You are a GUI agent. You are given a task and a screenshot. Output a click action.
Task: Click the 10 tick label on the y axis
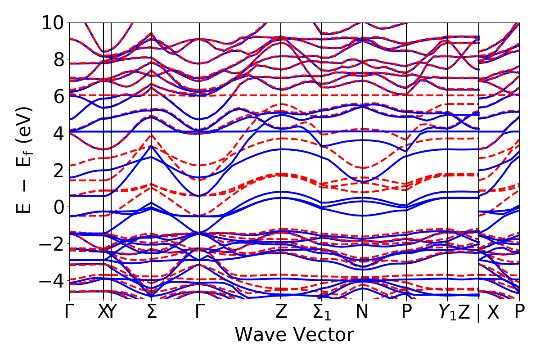pos(54,22)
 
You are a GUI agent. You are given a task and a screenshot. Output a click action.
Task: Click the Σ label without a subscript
pos(152,312)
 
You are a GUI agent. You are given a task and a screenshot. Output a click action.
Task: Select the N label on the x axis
pos(362,312)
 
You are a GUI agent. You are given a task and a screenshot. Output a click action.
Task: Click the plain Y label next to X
pos(112,312)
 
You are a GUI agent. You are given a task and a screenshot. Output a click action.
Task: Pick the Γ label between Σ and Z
pos(199,312)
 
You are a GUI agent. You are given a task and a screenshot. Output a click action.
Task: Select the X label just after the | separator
pos(494,312)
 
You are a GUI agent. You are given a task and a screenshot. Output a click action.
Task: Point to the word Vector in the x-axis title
pos(323,335)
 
